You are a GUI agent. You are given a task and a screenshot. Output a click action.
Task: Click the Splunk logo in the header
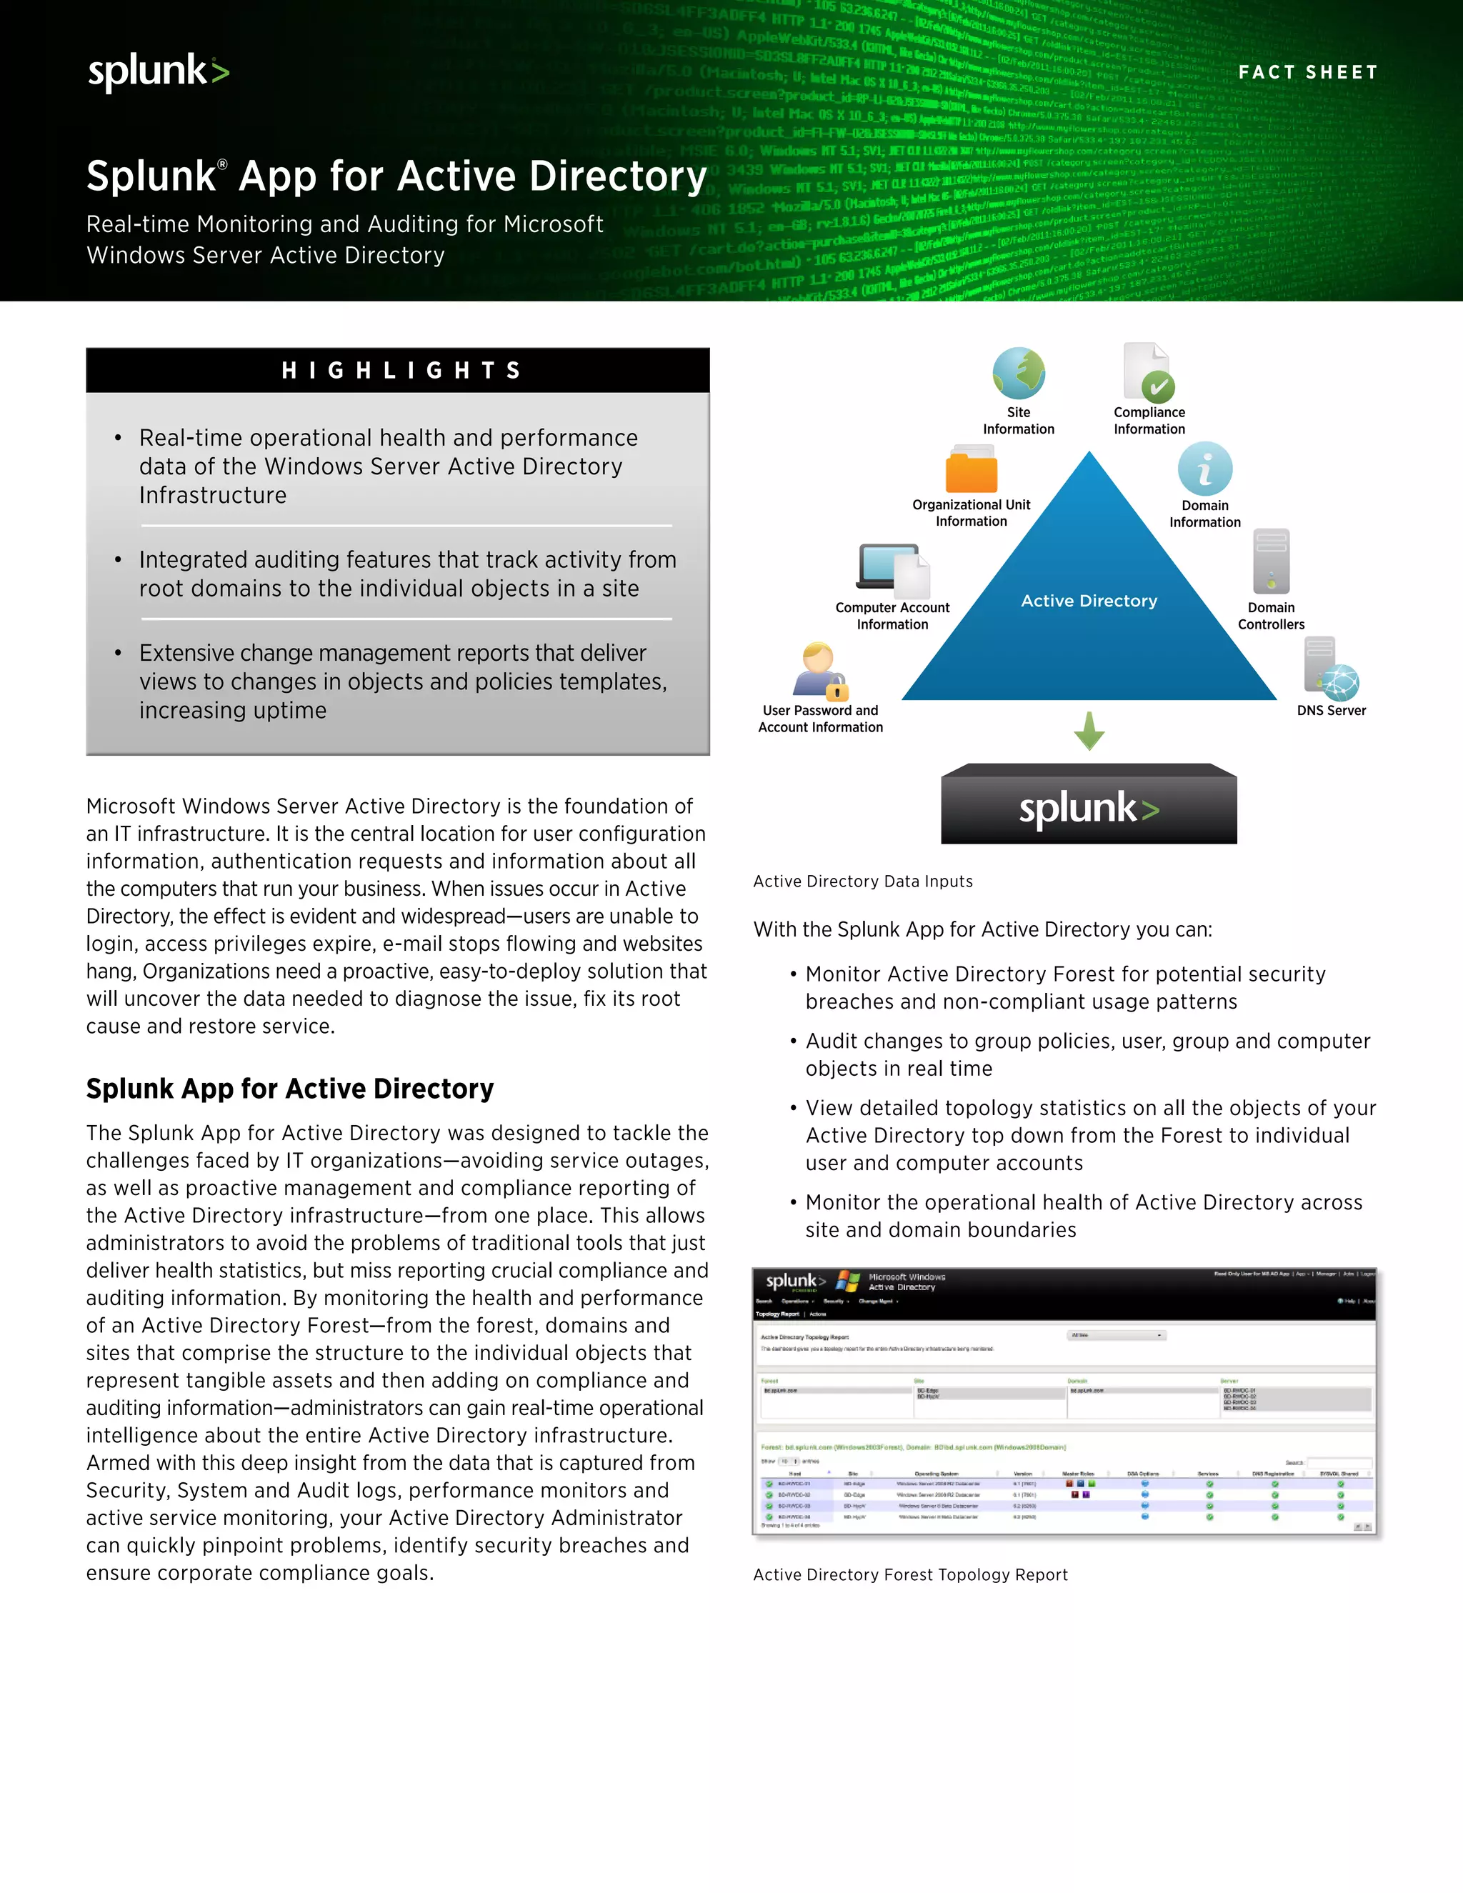(159, 71)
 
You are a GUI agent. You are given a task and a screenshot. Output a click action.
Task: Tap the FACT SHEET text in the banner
(1307, 73)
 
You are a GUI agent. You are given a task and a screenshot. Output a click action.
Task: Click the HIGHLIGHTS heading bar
(398, 371)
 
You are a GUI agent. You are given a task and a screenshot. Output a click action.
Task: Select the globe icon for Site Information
(1019, 374)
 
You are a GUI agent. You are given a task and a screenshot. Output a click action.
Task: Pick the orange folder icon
(971, 470)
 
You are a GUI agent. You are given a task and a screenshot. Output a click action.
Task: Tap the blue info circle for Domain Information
(1204, 469)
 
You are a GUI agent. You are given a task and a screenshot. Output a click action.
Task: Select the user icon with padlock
(819, 671)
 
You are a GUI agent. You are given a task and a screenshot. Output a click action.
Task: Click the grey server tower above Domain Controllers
(1272, 561)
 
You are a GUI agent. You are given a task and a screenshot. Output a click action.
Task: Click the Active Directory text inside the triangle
(1089, 601)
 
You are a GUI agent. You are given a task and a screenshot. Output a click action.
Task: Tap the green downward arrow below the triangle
(1089, 731)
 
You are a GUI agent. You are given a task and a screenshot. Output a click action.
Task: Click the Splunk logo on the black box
(1089, 808)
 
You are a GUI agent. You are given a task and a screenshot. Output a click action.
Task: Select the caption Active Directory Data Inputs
(862, 881)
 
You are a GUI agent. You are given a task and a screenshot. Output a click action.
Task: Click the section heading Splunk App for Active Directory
(289, 1089)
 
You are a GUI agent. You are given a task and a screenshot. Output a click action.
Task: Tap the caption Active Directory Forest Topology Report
(910, 1575)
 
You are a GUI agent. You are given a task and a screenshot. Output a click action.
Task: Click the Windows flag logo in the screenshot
(848, 1282)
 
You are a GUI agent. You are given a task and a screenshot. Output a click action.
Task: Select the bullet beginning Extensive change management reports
(403, 681)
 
